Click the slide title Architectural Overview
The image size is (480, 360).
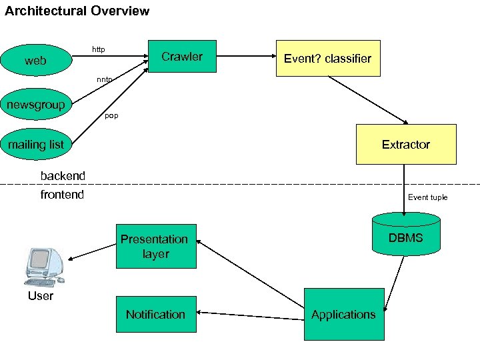point(77,11)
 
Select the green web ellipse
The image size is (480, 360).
point(36,61)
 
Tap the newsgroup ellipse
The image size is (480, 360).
point(36,105)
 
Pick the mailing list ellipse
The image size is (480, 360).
point(36,145)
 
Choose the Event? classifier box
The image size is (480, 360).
point(327,59)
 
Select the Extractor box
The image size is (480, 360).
point(406,144)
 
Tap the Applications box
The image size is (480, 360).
point(344,314)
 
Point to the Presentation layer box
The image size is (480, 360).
point(156,246)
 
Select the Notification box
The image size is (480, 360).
point(156,314)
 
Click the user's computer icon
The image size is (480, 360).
point(44,267)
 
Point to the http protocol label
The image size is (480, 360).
point(98,49)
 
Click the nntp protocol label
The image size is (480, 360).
point(104,79)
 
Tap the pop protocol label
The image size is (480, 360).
point(111,116)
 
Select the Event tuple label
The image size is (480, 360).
point(427,197)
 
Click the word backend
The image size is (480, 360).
point(63,176)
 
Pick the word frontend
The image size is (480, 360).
point(62,195)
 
